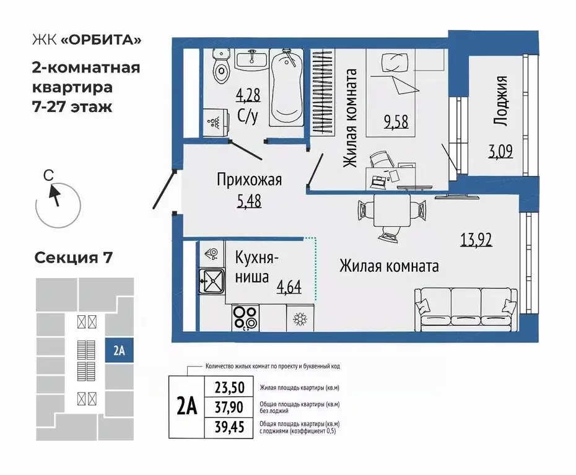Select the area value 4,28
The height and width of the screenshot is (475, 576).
248,96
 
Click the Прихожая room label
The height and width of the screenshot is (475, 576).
249,180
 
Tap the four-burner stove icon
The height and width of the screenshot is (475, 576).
245,318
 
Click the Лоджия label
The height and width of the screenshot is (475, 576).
502,102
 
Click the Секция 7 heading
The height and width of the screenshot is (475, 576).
73,257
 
